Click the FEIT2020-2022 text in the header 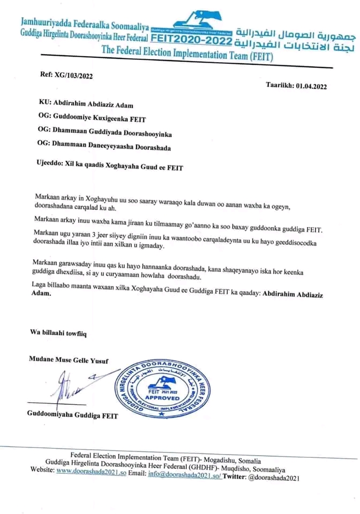pyautogui.click(x=191, y=40)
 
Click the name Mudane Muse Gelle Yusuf pyautogui.click(x=68, y=360)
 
